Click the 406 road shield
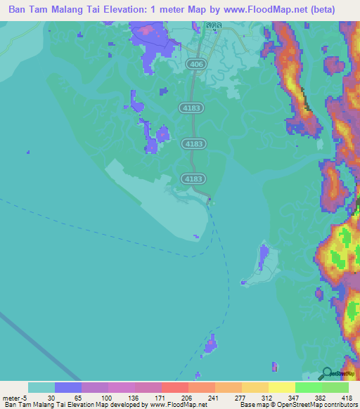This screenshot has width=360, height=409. (x=196, y=64)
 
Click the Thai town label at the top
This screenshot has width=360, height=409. (x=214, y=25)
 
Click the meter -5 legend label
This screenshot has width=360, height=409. (x=14, y=397)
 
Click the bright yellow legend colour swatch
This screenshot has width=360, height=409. (x=281, y=387)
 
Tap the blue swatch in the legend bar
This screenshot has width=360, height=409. (x=67, y=387)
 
